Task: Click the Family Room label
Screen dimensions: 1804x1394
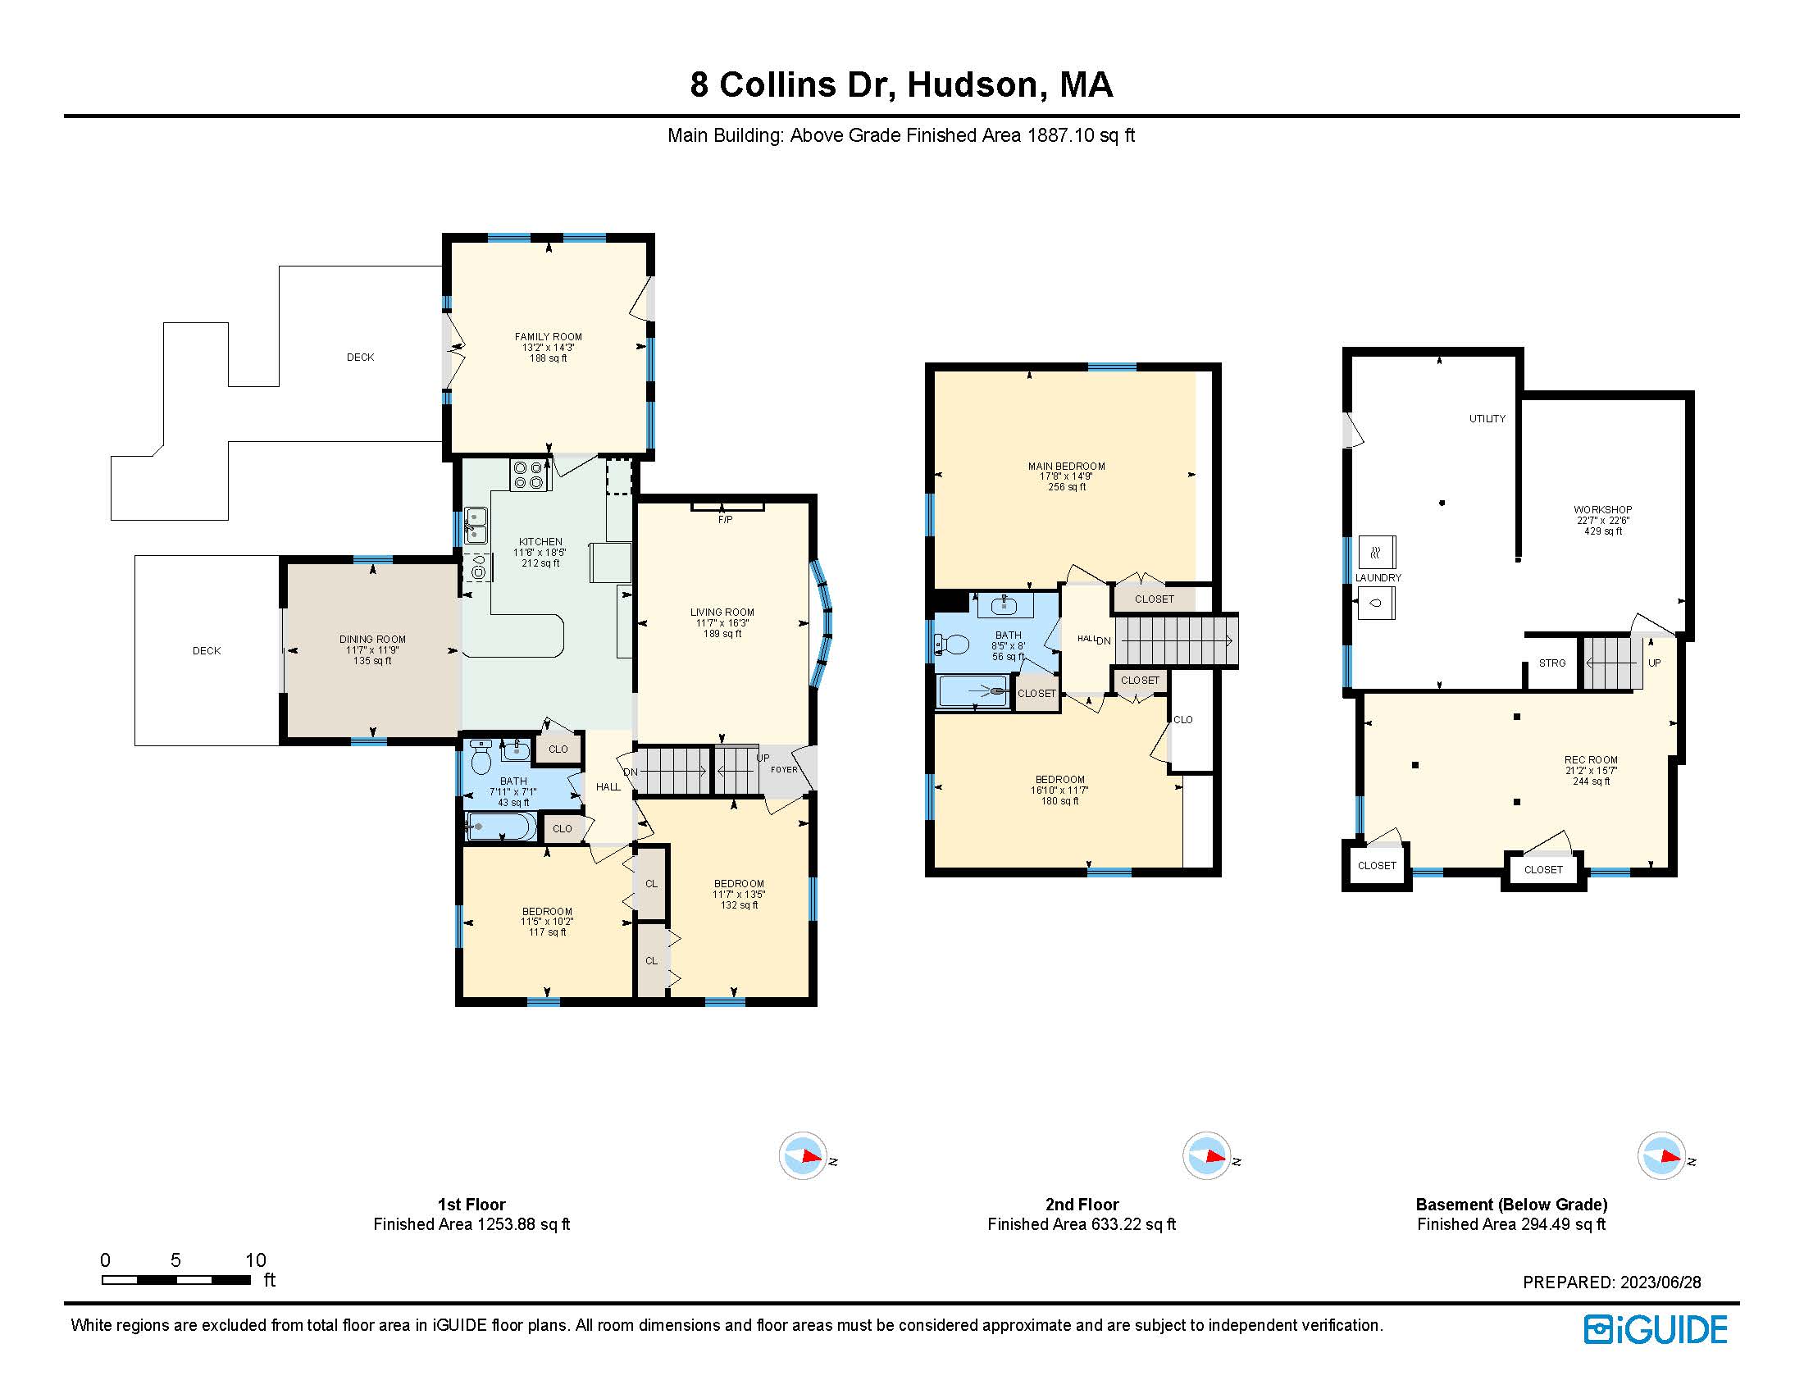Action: click(549, 337)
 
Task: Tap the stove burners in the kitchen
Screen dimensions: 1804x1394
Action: click(530, 475)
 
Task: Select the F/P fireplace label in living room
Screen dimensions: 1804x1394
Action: click(725, 519)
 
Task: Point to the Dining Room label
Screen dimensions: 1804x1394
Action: click(372, 640)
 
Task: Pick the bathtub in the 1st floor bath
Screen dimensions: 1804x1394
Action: click(501, 826)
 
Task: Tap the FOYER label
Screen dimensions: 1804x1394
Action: click(784, 770)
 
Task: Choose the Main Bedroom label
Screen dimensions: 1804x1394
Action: click(1067, 467)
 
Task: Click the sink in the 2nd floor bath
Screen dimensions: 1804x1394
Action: click(1004, 605)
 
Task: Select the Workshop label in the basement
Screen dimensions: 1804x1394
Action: click(1603, 509)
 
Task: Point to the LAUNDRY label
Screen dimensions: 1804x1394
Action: click(1378, 578)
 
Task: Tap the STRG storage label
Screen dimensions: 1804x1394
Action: click(1552, 663)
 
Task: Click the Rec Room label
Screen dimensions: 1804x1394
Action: click(1591, 760)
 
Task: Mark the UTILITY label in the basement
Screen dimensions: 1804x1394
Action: click(1487, 419)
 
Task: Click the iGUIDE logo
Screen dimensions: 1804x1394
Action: click(1656, 1329)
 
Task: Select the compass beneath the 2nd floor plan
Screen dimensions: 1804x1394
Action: click(1207, 1155)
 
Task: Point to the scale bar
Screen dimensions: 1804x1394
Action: click(176, 1279)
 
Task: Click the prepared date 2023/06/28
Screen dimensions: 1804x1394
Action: click(1660, 1282)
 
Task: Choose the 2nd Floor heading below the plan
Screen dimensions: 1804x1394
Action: click(1082, 1204)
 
